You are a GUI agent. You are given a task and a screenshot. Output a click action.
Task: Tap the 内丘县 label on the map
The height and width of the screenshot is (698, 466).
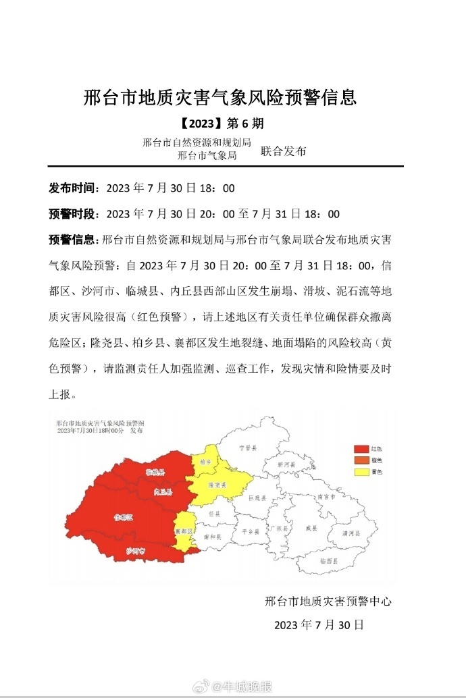[163, 491]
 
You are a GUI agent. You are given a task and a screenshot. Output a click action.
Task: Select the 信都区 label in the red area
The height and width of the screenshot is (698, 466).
[123, 517]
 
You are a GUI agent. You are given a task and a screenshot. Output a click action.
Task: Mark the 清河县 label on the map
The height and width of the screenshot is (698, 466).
[351, 533]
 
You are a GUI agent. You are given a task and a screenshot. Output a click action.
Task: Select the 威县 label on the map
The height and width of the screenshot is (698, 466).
[311, 529]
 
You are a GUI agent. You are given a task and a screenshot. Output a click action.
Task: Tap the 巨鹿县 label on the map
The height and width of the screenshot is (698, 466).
[258, 498]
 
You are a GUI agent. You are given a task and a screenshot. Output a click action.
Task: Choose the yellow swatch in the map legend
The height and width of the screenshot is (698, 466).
[361, 472]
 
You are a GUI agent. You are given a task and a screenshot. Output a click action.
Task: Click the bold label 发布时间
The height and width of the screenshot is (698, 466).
[74, 188]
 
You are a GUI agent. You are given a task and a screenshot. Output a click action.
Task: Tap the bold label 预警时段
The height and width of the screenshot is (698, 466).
[74, 214]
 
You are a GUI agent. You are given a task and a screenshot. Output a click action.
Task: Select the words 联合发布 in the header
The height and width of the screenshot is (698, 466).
[283, 151]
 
